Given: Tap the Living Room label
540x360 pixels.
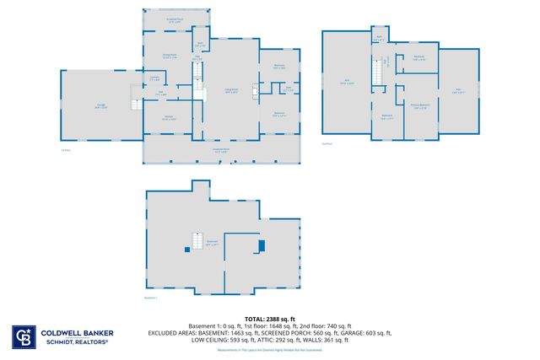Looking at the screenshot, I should click(229, 89).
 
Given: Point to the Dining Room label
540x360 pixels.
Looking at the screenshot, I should click(169, 56).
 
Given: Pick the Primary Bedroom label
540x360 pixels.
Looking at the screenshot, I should click(420, 105).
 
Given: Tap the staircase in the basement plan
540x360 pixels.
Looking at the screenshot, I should click(201, 241).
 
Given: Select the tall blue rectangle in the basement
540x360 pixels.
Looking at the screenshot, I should click(262, 245).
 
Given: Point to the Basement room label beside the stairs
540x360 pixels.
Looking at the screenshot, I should click(213, 242).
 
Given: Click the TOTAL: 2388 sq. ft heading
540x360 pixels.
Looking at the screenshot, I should click(269, 319).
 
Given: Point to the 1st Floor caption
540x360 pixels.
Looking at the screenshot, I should click(64, 150).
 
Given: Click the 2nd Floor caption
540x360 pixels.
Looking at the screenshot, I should click(327, 144).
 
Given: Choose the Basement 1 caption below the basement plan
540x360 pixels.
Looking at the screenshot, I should click(151, 298).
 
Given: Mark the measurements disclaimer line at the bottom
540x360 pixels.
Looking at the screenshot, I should click(269, 350).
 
